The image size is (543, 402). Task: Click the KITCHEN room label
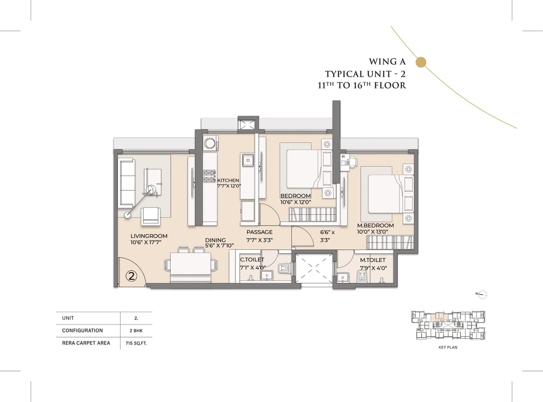[228, 180]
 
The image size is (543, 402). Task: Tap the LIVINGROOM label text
[149, 236]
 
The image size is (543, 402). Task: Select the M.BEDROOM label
[375, 226]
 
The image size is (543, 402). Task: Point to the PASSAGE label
[260, 232]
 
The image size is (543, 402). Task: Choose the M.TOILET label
[373, 260]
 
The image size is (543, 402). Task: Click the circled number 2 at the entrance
[132, 276]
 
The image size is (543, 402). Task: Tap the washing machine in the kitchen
[210, 143]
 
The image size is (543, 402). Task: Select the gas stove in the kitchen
[210, 176]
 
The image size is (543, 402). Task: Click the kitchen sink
[248, 160]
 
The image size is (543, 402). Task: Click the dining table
[190, 266]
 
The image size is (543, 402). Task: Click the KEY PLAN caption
[448, 347]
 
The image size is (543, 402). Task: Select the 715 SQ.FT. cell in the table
[136, 343]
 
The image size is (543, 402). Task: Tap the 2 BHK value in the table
[136, 330]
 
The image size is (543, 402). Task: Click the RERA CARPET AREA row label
[86, 343]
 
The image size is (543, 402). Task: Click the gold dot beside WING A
[420, 62]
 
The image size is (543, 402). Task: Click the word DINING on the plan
[216, 240]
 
